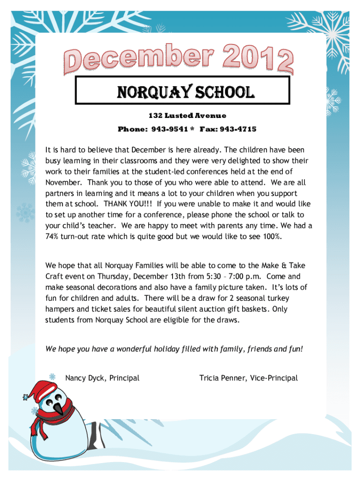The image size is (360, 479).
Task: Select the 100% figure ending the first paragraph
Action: (271, 236)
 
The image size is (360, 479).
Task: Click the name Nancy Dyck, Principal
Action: (102, 378)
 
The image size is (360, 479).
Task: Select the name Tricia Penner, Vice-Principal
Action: (248, 378)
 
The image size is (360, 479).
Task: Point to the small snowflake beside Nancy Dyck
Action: (53, 376)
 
